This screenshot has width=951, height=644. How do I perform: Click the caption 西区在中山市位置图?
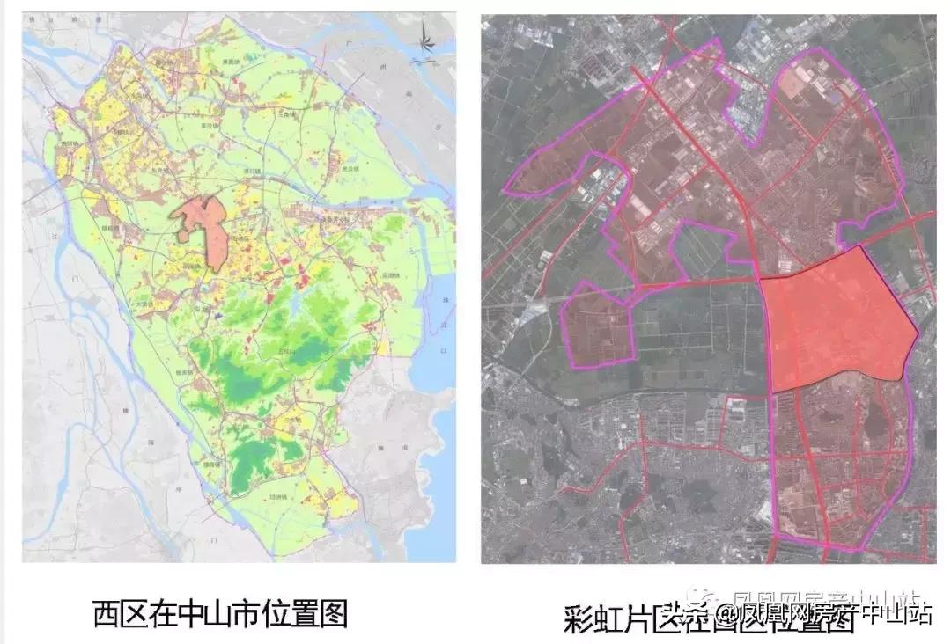(x=220, y=613)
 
